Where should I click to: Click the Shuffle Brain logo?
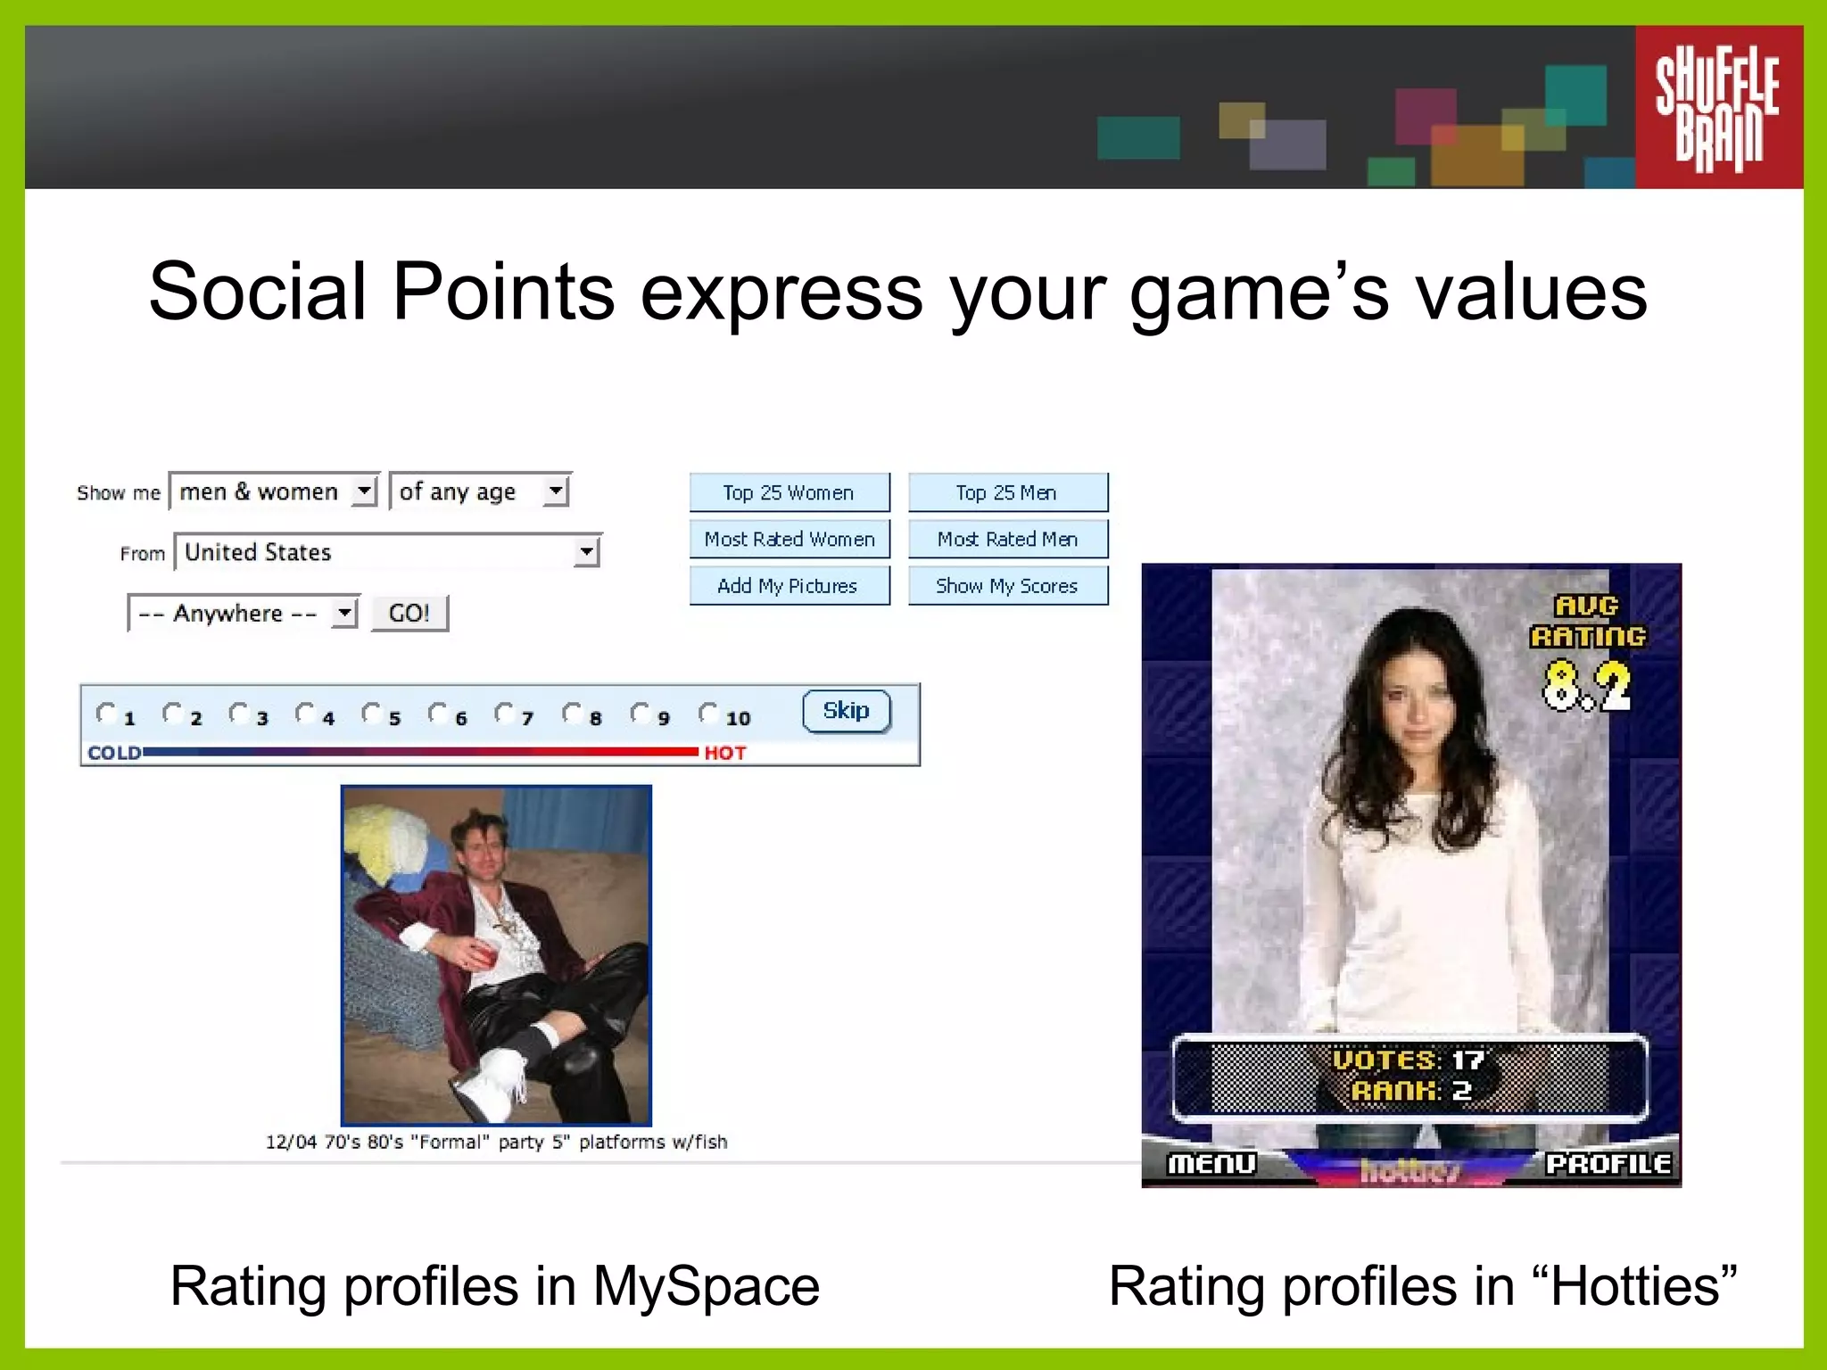coord(1718,107)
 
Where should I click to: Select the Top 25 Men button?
coord(1008,492)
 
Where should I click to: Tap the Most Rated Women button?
coord(789,539)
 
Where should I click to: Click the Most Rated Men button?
coord(1008,539)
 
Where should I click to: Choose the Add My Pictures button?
coord(789,586)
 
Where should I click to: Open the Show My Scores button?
coord(1008,586)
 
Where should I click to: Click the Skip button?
coord(846,711)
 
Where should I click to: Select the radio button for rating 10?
coord(708,713)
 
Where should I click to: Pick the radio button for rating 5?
coord(371,713)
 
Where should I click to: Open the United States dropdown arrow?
coord(586,552)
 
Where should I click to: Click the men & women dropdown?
coord(275,491)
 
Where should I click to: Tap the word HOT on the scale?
coord(724,753)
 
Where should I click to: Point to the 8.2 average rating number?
coord(1587,686)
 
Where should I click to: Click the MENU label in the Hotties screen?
coord(1211,1163)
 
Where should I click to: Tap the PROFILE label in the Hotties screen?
coord(1608,1163)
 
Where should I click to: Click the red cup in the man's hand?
coord(483,956)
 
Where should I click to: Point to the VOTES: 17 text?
coord(1409,1060)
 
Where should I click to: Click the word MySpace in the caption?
coord(706,1286)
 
